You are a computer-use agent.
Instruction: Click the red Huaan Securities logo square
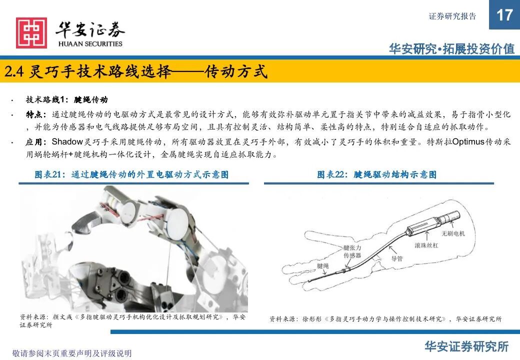pyautogui.click(x=31, y=33)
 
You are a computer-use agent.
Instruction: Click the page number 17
pyautogui.click(x=504, y=15)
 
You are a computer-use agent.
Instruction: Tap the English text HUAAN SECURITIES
pyautogui.click(x=90, y=44)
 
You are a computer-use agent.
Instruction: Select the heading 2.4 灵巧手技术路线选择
pyautogui.click(x=88, y=71)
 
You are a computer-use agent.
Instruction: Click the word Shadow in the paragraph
pyautogui.click(x=67, y=142)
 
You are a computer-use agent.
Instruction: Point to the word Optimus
pyautogui.click(x=468, y=142)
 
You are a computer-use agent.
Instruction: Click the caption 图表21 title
pyautogui.click(x=131, y=174)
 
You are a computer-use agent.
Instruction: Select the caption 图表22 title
pyautogui.click(x=376, y=174)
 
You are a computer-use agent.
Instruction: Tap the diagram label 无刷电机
pyautogui.click(x=453, y=233)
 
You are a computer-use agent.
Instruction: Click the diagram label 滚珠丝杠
pyautogui.click(x=426, y=245)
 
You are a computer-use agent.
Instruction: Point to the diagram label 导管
pyautogui.click(x=397, y=258)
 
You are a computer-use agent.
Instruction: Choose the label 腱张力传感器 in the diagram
pyautogui.click(x=352, y=251)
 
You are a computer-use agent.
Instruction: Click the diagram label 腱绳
pyautogui.click(x=323, y=266)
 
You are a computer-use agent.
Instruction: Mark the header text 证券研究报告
pyautogui.click(x=452, y=16)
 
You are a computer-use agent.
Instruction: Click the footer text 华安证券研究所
pyautogui.click(x=466, y=346)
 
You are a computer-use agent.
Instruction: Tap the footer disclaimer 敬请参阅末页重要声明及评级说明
pyautogui.click(x=72, y=353)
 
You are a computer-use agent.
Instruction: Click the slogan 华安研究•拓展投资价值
pyautogui.click(x=452, y=49)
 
